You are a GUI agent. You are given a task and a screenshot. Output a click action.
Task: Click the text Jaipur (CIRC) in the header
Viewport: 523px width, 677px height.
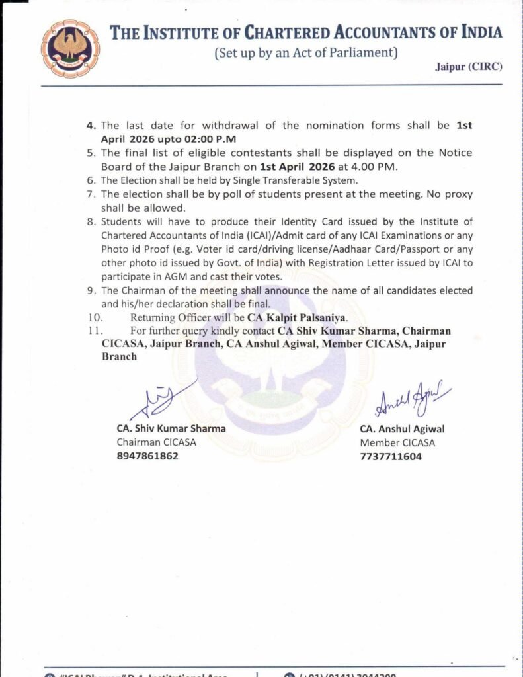point(469,67)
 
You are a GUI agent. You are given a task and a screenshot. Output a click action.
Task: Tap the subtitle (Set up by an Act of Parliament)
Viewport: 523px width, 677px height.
point(305,52)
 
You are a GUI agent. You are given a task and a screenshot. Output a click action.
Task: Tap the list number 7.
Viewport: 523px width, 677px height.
point(91,194)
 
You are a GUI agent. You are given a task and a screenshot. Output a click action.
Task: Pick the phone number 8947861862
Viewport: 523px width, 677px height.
point(147,456)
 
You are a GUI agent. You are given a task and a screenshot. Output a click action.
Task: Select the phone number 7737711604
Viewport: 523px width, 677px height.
point(391,456)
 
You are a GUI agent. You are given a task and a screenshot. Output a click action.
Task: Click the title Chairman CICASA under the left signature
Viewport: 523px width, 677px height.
point(157,442)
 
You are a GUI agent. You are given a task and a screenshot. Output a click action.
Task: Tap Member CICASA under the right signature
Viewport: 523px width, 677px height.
point(397,442)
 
